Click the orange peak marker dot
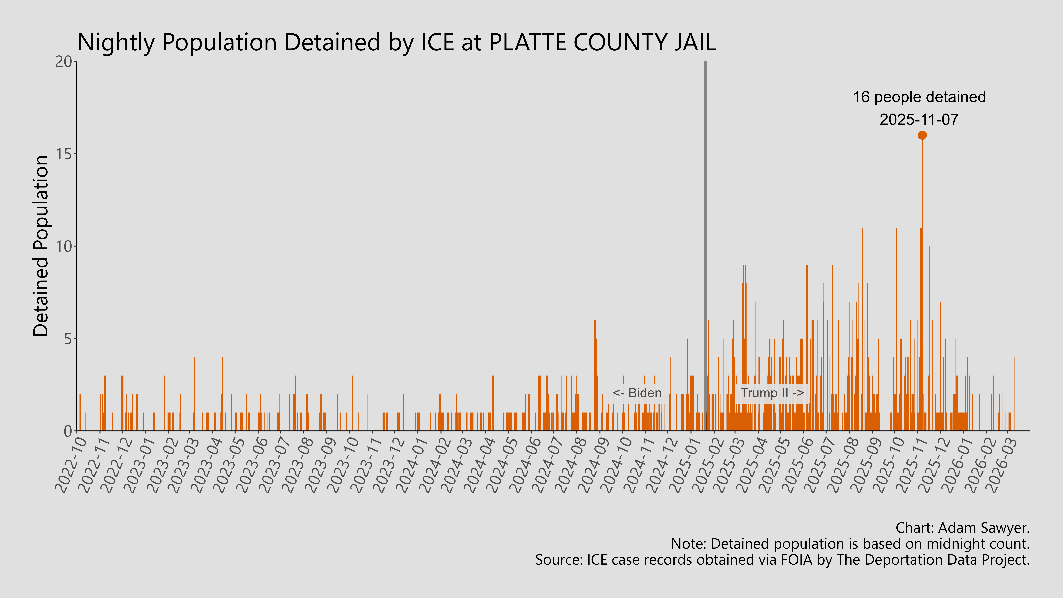tap(922, 135)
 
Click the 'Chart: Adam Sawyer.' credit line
tap(962, 528)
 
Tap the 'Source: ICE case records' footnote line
tap(782, 560)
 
